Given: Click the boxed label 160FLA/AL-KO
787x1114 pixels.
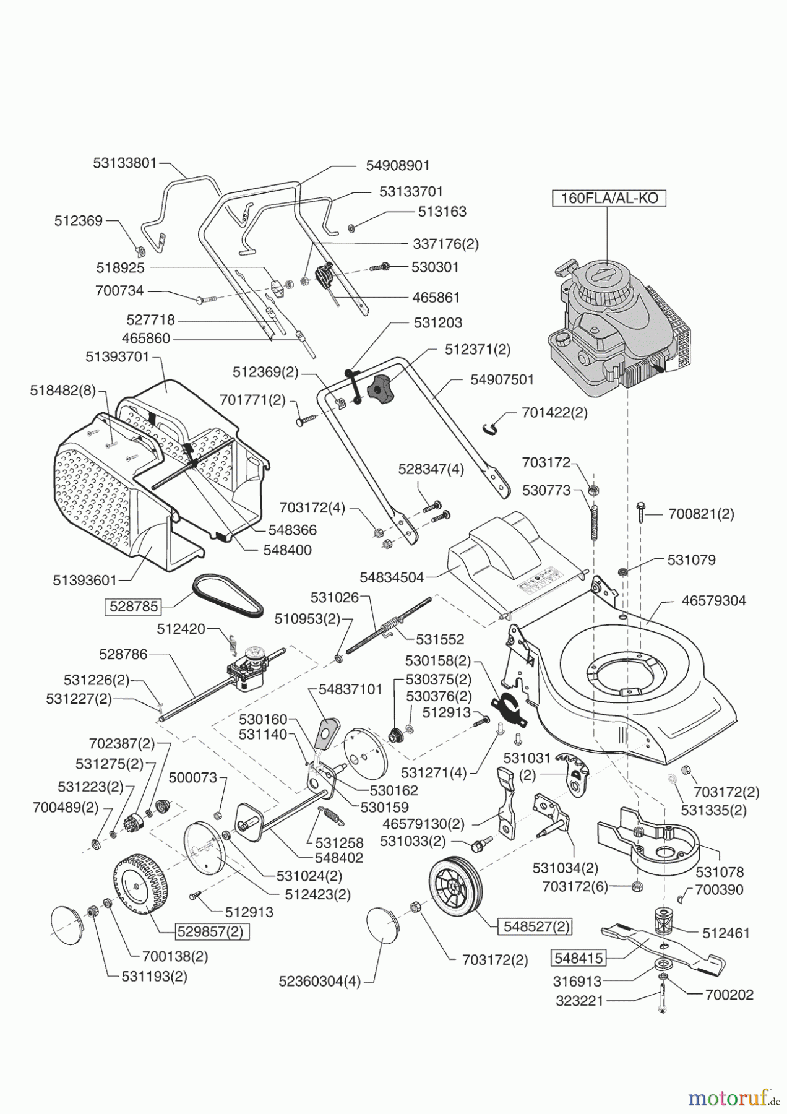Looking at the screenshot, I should click(609, 199).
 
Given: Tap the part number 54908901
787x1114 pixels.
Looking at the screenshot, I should click(397, 165).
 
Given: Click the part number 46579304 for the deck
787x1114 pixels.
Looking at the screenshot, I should click(713, 600).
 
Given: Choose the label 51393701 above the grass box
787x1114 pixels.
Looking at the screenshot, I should click(118, 357).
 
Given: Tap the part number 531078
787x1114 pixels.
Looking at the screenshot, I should click(720, 872).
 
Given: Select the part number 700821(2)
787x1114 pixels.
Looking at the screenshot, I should click(701, 514).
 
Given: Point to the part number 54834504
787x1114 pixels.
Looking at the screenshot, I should click(392, 577).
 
